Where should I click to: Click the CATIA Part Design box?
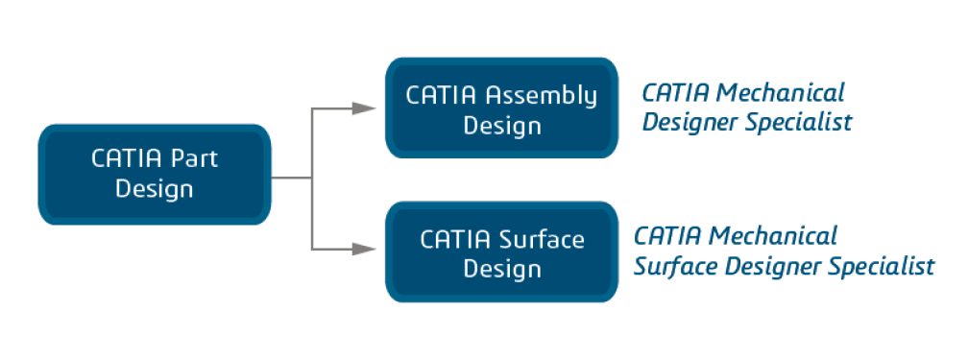(155, 174)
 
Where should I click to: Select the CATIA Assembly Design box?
(501, 108)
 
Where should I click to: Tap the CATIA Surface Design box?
(501, 252)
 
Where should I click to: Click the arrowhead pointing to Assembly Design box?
(364, 108)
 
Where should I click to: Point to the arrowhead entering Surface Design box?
(364, 249)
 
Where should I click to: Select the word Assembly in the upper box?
(542, 96)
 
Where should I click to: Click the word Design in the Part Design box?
(155, 189)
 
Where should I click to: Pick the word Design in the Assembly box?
(502, 126)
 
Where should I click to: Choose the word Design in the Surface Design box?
(502, 269)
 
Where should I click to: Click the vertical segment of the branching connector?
(312, 180)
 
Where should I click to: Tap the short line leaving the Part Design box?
(291, 179)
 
